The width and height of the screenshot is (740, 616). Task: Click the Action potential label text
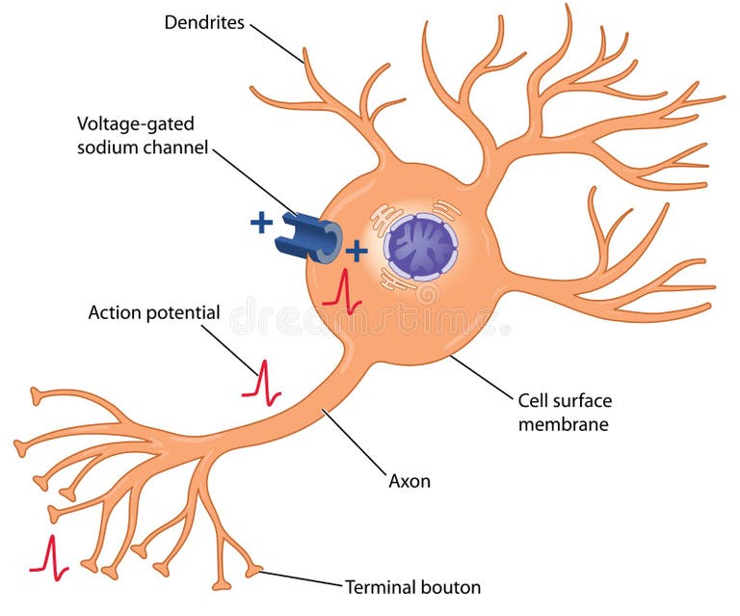click(x=154, y=312)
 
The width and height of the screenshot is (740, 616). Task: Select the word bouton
click(x=452, y=586)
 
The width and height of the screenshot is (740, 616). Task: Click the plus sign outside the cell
click(x=261, y=224)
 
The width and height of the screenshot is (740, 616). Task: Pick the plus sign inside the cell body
click(x=357, y=253)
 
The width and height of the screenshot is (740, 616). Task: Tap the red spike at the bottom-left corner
click(x=49, y=556)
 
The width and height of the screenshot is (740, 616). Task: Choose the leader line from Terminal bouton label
click(x=299, y=579)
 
